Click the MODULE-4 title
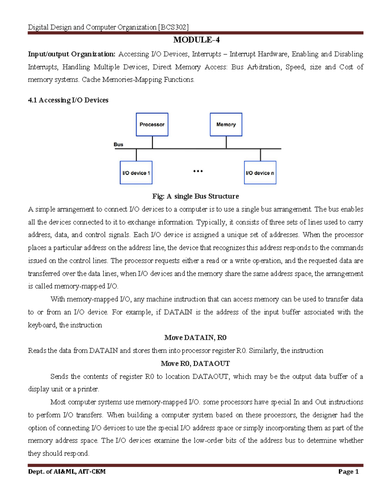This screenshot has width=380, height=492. (x=196, y=40)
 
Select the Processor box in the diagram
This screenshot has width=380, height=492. (x=152, y=125)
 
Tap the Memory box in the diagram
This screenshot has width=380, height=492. (x=226, y=125)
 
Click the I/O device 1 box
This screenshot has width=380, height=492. (x=136, y=173)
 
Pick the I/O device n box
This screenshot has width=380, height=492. (x=260, y=173)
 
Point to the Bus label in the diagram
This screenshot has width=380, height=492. (x=118, y=144)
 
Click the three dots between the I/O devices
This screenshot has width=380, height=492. (x=198, y=171)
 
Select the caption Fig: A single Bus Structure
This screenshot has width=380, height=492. (x=195, y=196)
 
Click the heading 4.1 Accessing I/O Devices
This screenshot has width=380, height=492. (x=68, y=100)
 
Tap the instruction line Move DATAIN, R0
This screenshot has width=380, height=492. (x=195, y=338)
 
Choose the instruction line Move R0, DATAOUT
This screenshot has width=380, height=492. (x=195, y=363)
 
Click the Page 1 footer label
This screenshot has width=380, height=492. (x=348, y=472)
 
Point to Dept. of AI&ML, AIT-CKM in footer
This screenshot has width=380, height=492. (x=67, y=472)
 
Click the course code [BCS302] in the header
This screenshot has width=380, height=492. (x=173, y=27)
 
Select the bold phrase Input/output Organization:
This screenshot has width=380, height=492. (x=72, y=54)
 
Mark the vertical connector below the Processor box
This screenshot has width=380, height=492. (x=152, y=142)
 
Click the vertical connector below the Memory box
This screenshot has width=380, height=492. (x=226, y=142)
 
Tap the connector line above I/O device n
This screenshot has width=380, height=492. (x=260, y=155)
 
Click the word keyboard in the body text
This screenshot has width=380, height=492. (x=42, y=325)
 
